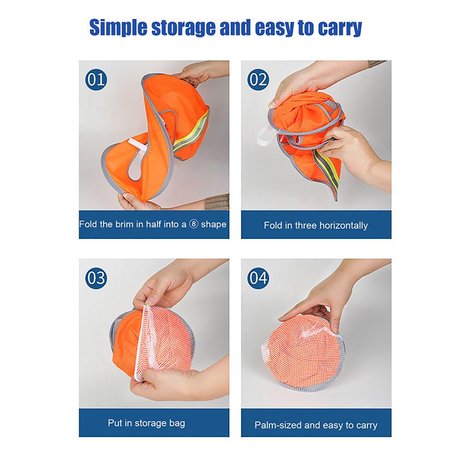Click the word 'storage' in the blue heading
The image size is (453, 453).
pyautogui.click(x=184, y=28)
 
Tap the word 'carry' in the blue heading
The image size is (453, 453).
pyautogui.click(x=340, y=28)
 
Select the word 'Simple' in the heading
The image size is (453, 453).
pyautogui.click(x=118, y=27)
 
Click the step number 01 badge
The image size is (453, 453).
pyautogui.click(x=96, y=79)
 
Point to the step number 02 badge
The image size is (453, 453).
pyautogui.click(x=258, y=79)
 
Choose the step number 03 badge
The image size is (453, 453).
pyautogui.click(x=96, y=278)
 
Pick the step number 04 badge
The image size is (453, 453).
pyautogui.click(x=258, y=278)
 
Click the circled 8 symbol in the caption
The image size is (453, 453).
pyautogui.click(x=194, y=224)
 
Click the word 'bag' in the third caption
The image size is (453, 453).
pyautogui.click(x=177, y=424)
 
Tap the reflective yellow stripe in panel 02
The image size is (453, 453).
pyautogui.click(x=327, y=170)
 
